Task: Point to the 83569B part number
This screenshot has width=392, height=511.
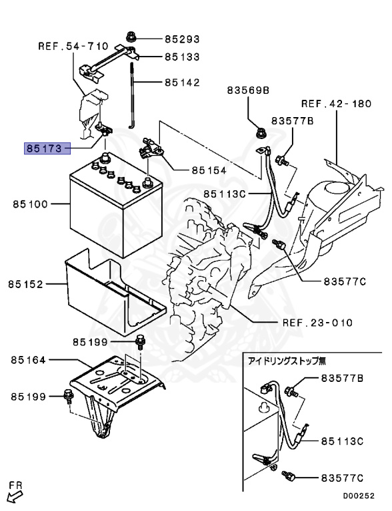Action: (x=247, y=90)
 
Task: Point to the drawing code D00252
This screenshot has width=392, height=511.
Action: (x=359, y=496)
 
